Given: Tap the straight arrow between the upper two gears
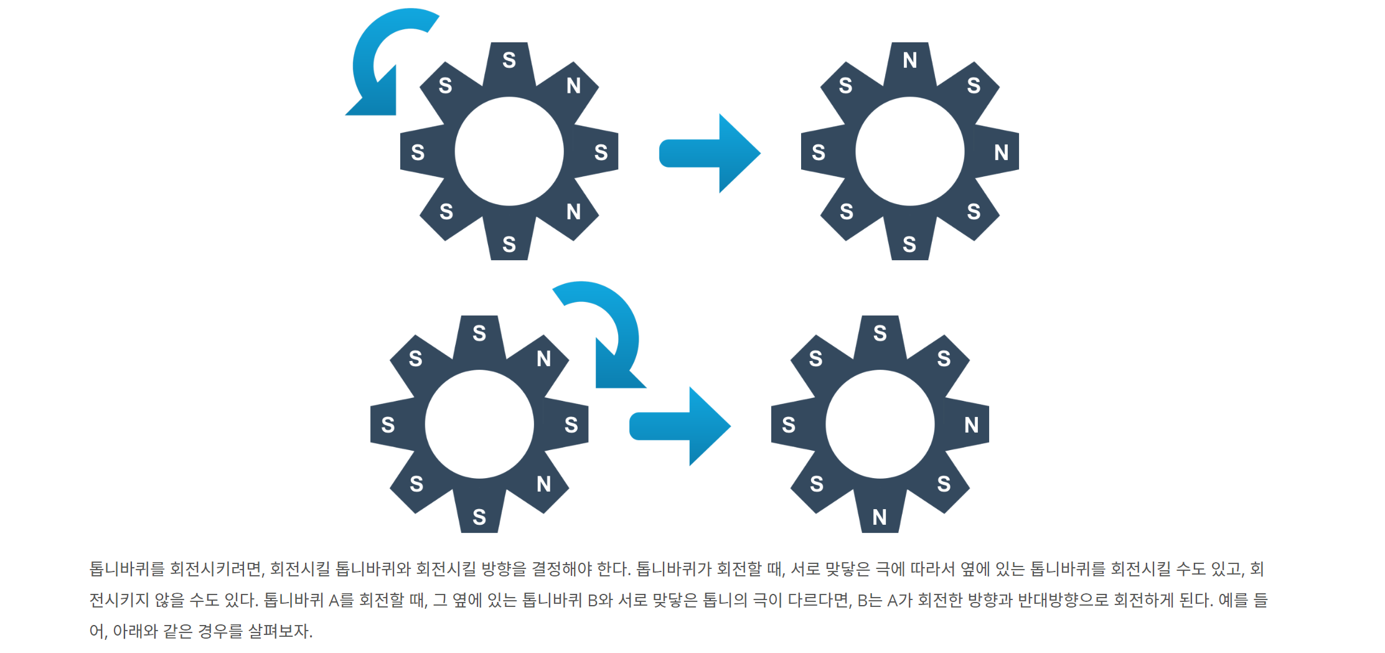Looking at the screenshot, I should [x=710, y=153].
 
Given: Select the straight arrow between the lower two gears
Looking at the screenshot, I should [x=680, y=426].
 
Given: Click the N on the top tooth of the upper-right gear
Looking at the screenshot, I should [x=910, y=60].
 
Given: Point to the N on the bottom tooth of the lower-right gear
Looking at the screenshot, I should [x=880, y=517].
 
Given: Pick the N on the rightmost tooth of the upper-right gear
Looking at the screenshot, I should [x=1001, y=152].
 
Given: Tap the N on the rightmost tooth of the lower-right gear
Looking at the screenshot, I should [x=971, y=425].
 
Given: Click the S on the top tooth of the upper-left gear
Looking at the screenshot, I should [x=509, y=60].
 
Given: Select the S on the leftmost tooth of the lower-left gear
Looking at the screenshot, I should [x=388, y=425].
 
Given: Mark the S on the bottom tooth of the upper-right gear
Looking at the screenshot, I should [x=909, y=244].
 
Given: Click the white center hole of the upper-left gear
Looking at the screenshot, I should [x=509, y=151].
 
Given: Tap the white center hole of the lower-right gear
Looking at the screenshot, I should [x=880, y=424].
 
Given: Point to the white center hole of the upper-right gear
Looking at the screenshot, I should [x=909, y=151].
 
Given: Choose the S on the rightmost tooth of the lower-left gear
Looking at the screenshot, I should [x=571, y=425].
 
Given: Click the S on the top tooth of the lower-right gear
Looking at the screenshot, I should [x=880, y=333].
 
